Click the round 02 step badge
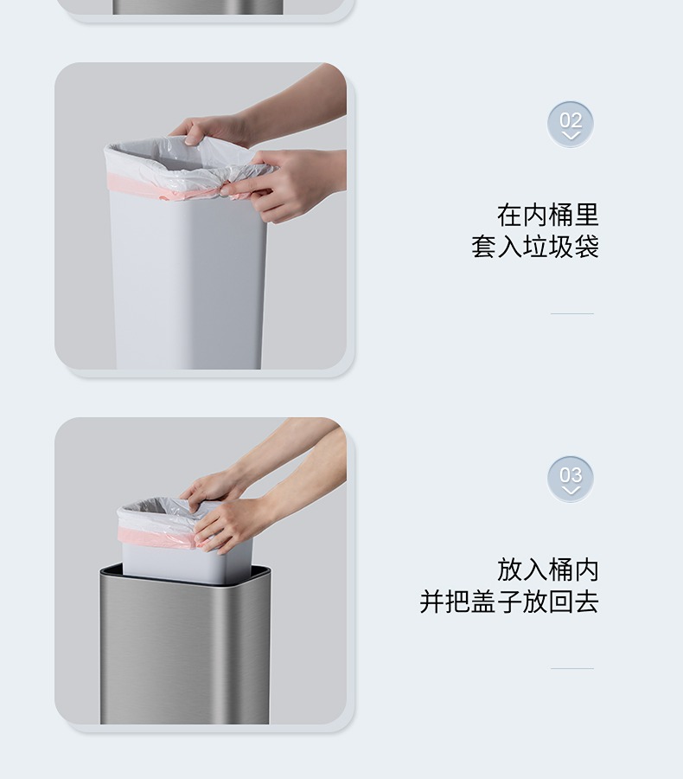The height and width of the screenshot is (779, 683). pos(571,124)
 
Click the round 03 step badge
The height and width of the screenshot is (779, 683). pos(571,479)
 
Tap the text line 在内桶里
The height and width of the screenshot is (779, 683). pos(548,216)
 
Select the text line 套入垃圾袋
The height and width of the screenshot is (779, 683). pos(535,247)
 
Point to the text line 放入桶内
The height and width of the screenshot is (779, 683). pos(548,570)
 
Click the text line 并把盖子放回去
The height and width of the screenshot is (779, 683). pos(509,602)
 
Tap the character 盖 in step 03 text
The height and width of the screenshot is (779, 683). pos(483,602)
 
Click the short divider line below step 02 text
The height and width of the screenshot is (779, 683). pos(571,314)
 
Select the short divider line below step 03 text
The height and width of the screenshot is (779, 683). pos(571,669)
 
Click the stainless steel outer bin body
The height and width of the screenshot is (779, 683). pos(185,651)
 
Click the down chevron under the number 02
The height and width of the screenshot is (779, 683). pos(571,136)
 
